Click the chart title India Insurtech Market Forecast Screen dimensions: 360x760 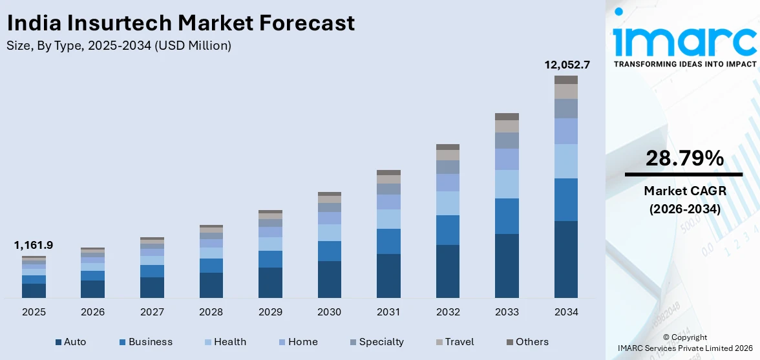click(180, 23)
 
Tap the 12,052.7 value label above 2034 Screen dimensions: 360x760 click(565, 65)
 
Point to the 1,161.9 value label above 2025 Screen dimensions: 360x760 click(34, 245)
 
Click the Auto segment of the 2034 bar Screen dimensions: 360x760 click(565, 259)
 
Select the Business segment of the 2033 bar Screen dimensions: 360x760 click(507, 216)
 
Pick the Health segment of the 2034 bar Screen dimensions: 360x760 click(565, 161)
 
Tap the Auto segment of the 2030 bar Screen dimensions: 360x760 click(329, 279)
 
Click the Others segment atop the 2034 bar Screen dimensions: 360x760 click(565, 79)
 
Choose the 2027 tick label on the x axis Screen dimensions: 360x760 click(152, 312)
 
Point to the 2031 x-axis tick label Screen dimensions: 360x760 click(388, 312)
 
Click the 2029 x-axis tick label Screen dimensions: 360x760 click(270, 312)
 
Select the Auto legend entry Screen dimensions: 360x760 click(70, 342)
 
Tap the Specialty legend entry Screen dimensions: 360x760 click(376, 342)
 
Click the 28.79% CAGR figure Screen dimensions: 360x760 click(684, 158)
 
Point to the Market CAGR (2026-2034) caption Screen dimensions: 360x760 click(684, 200)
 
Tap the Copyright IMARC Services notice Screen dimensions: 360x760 click(684, 343)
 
